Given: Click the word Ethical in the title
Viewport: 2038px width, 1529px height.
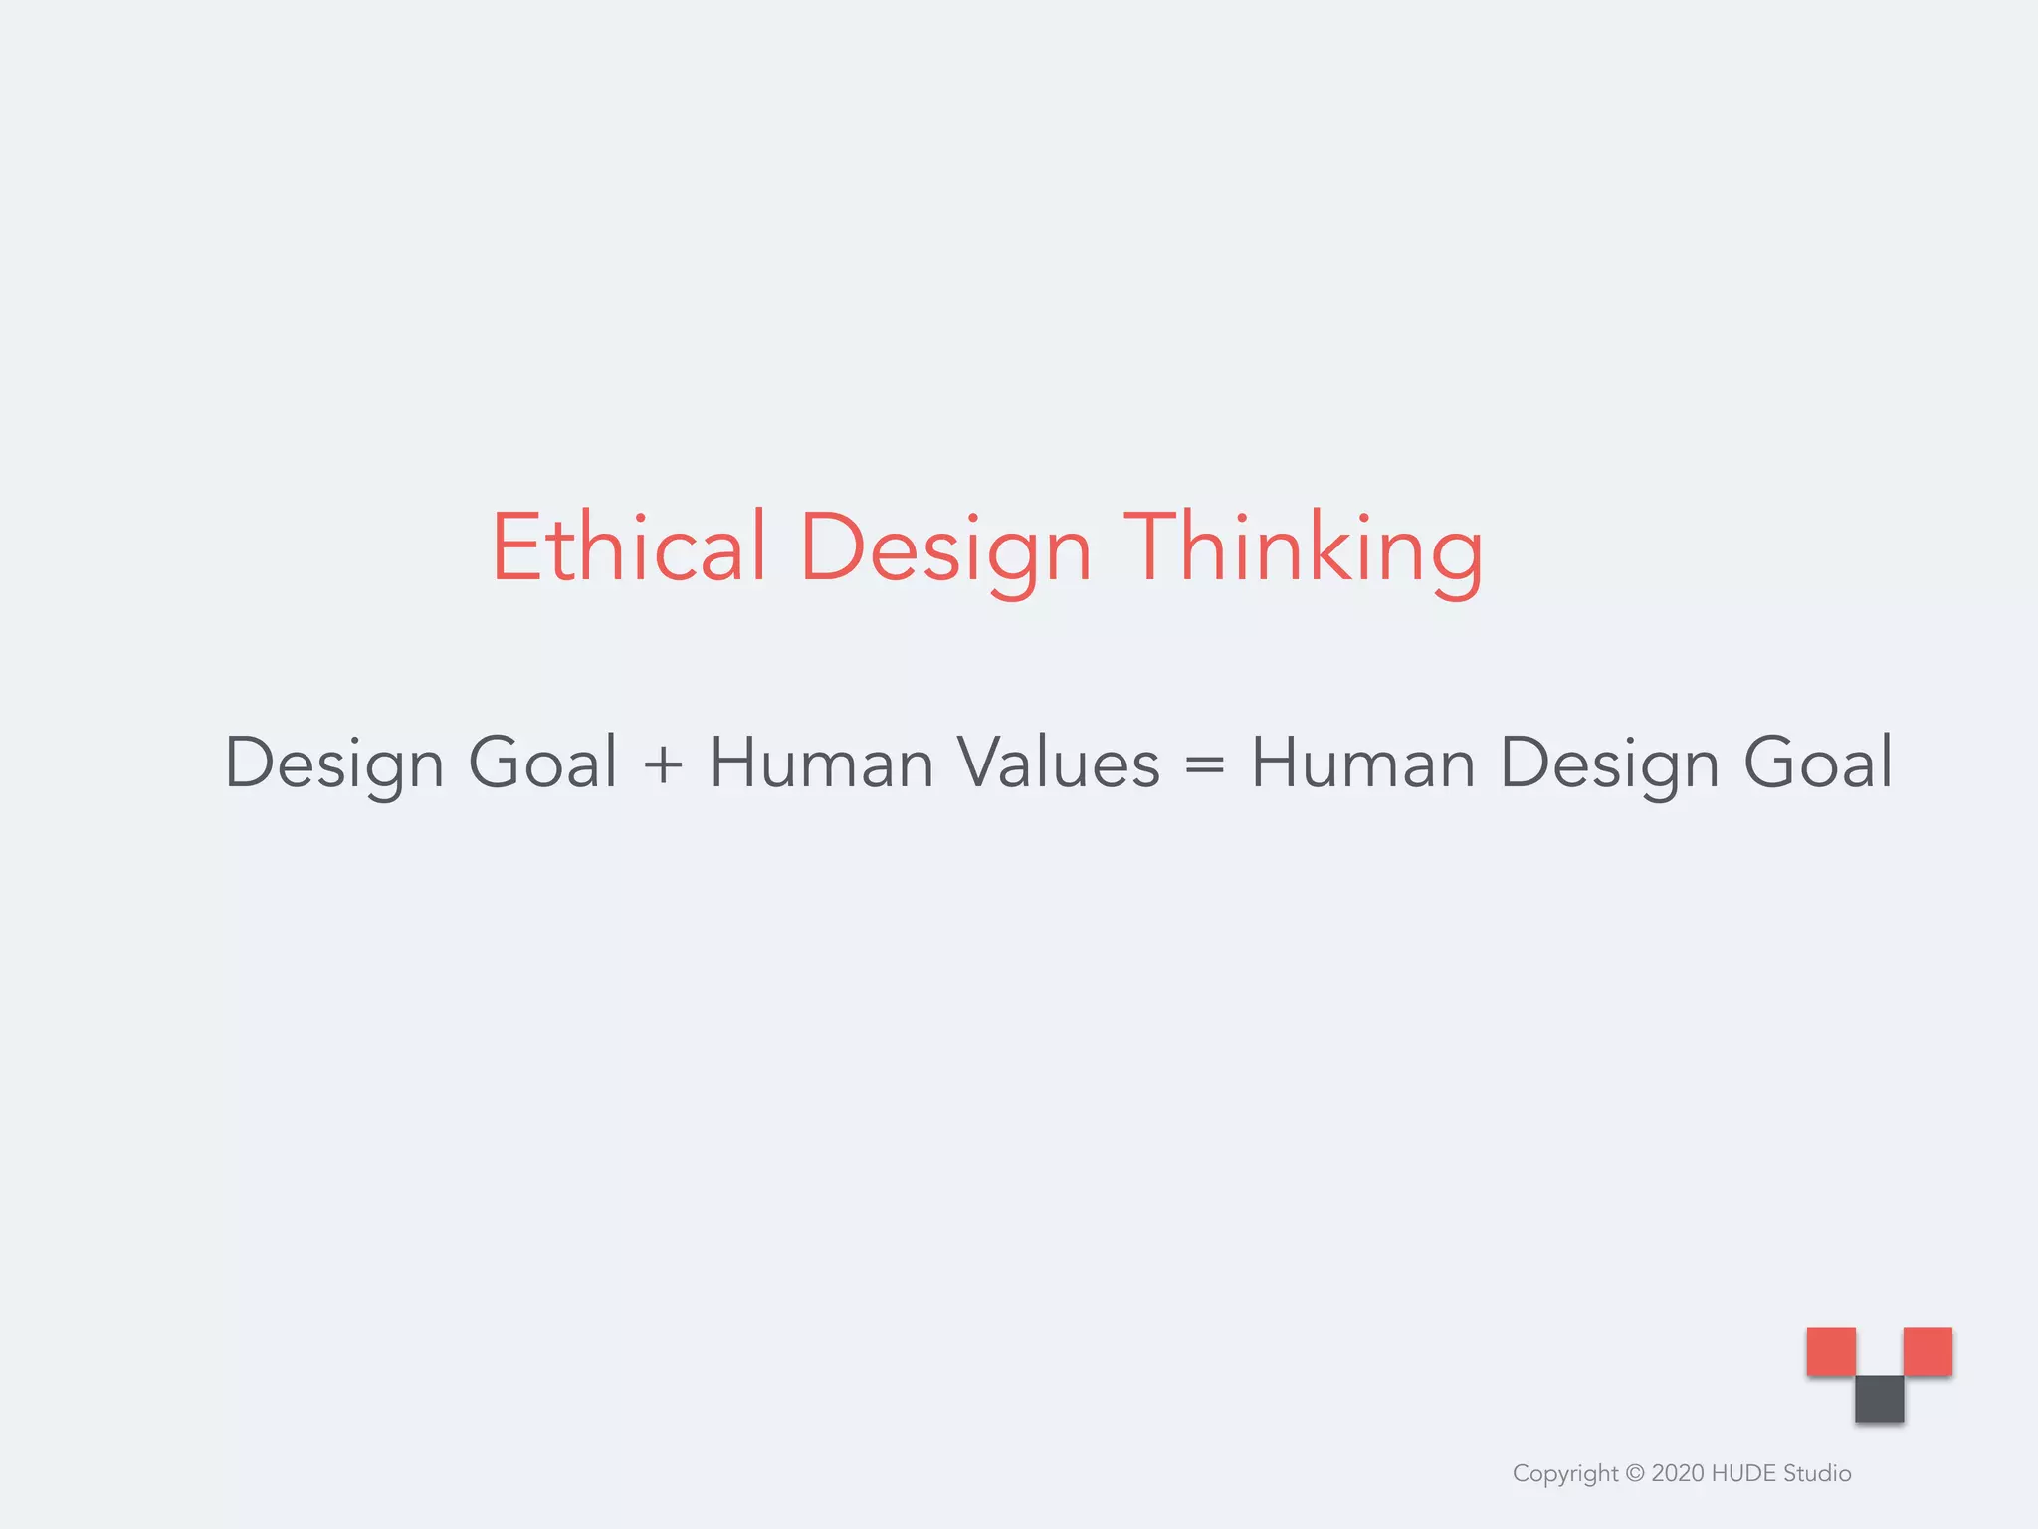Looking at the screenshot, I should coord(629,547).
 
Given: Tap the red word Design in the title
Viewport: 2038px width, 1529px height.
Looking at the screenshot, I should coord(945,549).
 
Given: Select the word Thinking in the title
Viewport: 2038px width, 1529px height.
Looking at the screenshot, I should coord(1304,549).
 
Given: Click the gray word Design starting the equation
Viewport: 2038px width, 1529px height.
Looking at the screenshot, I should coord(334,764).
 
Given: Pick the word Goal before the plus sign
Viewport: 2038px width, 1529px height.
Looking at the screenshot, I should coord(543,763).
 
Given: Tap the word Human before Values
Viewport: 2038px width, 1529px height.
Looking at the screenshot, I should coord(821,763).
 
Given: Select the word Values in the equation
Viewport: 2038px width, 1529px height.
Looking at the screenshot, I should coord(1059,763).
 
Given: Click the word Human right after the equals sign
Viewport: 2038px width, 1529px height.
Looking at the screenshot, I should coord(1362,763).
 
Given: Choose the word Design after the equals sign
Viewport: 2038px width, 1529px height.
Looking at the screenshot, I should coord(1609,764).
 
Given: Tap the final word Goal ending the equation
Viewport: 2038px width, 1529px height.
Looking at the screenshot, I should coord(1818,763).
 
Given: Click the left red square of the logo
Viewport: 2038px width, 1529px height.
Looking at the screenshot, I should coord(1831,1351).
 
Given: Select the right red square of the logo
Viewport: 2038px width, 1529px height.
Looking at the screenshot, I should coord(1928,1351).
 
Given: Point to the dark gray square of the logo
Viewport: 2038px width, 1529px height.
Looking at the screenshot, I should coord(1879,1399).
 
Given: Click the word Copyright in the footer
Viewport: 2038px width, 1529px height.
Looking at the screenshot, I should coord(1565,1474).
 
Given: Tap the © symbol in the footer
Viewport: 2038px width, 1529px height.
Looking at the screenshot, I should coord(1635,1474).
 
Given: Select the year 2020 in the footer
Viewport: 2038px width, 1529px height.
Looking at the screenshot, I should coord(1677,1473).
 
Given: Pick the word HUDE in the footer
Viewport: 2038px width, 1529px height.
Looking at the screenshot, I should coord(1742,1473).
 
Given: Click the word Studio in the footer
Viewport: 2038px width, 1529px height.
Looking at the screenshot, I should coord(1817,1473).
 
